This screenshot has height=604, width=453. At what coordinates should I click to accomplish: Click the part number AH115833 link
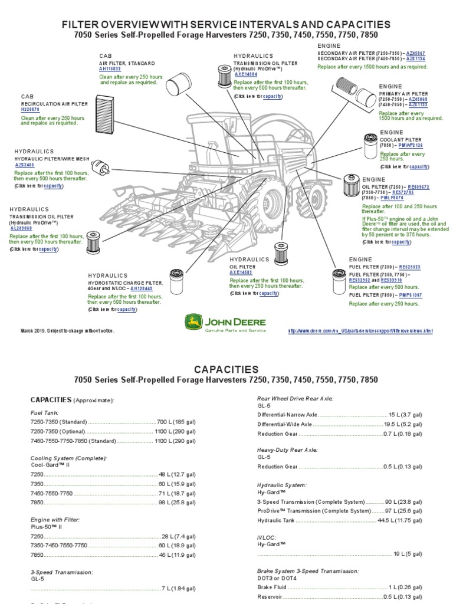tap(109, 69)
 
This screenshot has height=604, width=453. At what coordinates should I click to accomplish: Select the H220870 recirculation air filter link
tap(30, 109)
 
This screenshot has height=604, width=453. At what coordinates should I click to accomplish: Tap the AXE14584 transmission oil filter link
tap(245, 75)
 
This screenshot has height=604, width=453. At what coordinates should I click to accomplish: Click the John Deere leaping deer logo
tap(193, 323)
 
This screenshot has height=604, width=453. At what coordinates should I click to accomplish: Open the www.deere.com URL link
tap(360, 331)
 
